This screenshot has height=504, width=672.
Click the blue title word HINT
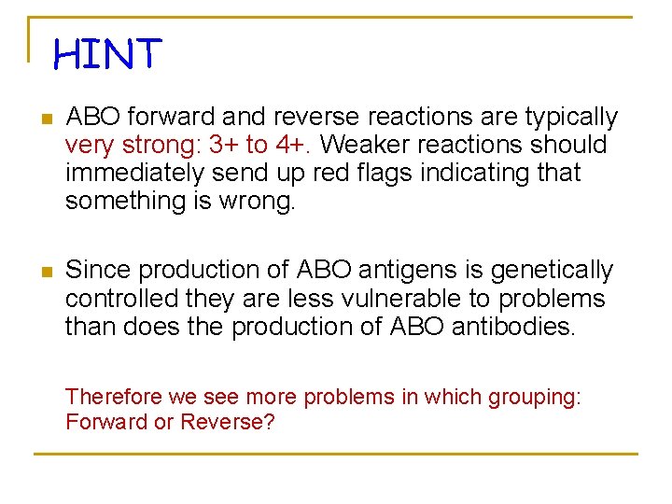click(107, 54)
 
